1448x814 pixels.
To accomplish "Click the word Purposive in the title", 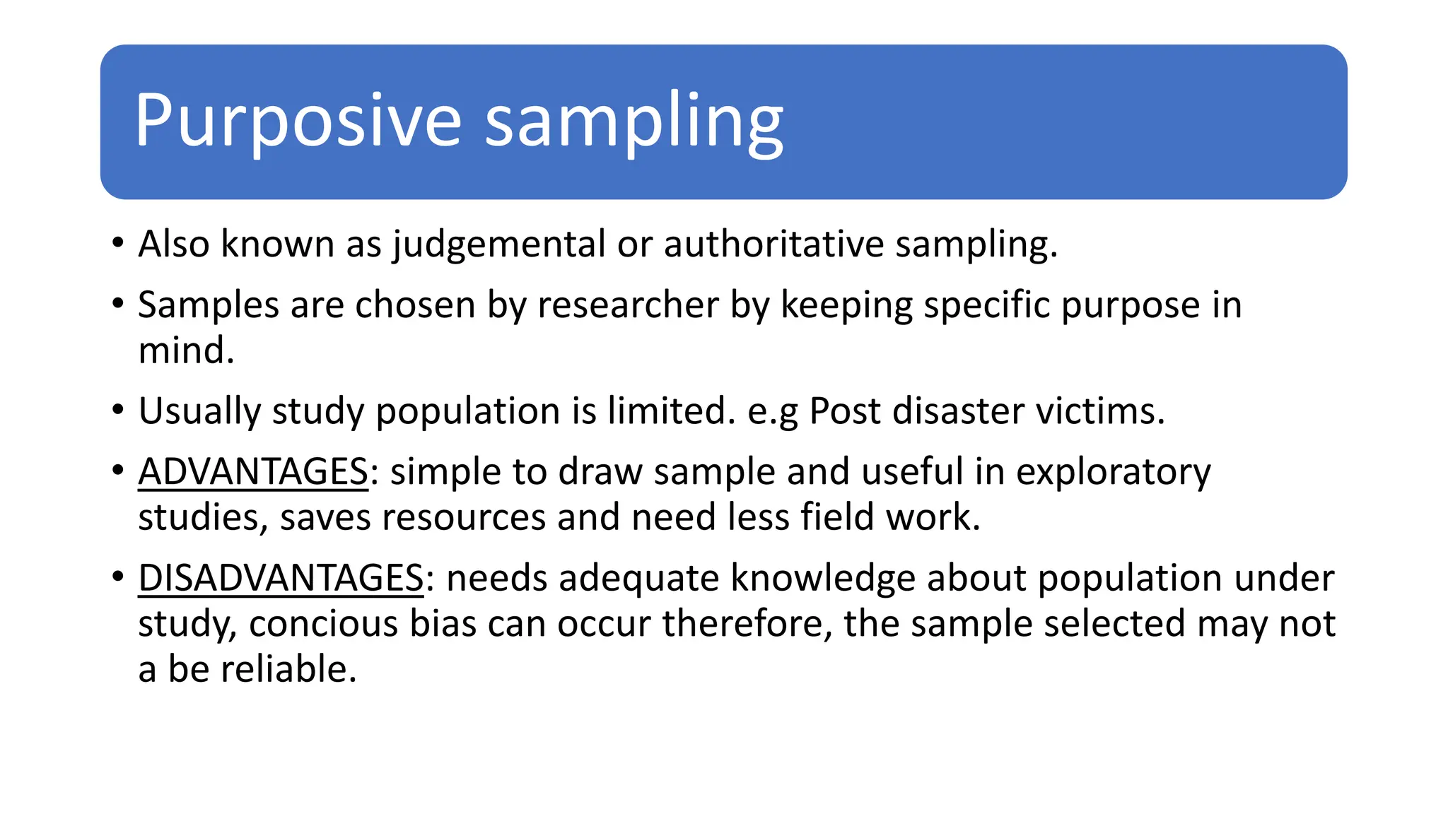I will [x=297, y=122].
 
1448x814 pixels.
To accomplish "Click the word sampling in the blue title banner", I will [x=634, y=122].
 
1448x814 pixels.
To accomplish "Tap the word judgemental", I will [x=499, y=244].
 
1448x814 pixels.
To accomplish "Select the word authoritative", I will [x=773, y=244].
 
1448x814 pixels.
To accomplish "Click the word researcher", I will [x=628, y=305].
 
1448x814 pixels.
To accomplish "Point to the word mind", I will [x=185, y=350].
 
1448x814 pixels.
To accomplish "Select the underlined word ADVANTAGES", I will [x=253, y=472].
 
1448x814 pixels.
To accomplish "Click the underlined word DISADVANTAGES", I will [x=281, y=578].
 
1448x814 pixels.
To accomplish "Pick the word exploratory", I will [x=1113, y=472].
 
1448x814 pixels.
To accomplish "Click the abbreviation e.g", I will [x=772, y=411].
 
